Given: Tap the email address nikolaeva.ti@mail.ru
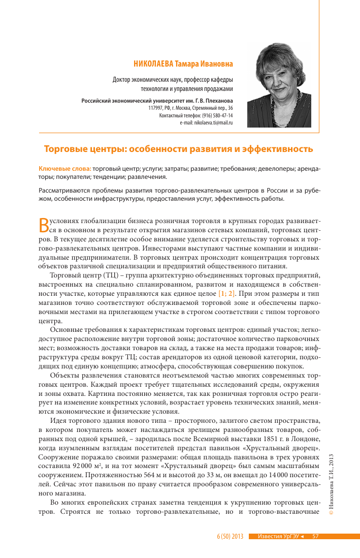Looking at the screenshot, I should (206, 123).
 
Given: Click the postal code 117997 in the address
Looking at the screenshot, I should (155, 108).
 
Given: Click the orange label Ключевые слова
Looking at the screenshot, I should (64, 168).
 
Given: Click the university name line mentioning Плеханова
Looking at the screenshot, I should (157, 101).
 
